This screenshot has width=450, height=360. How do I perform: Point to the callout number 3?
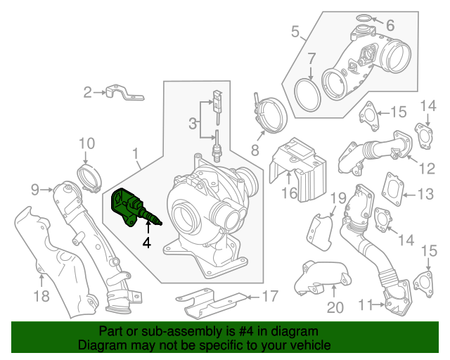(192, 124)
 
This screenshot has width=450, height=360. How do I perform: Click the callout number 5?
(296, 31)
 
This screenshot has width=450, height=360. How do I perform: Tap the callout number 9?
(34, 188)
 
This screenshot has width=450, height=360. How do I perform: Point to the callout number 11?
(364, 304)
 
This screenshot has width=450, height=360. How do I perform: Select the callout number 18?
(41, 296)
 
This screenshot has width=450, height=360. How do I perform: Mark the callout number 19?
(338, 198)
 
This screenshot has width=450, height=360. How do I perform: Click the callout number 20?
(334, 307)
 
